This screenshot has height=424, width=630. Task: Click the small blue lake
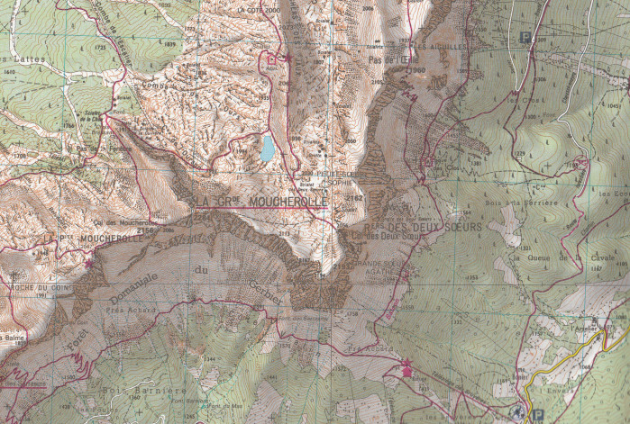268,149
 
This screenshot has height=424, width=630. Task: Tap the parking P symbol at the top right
525,38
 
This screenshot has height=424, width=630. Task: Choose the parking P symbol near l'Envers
539,414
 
